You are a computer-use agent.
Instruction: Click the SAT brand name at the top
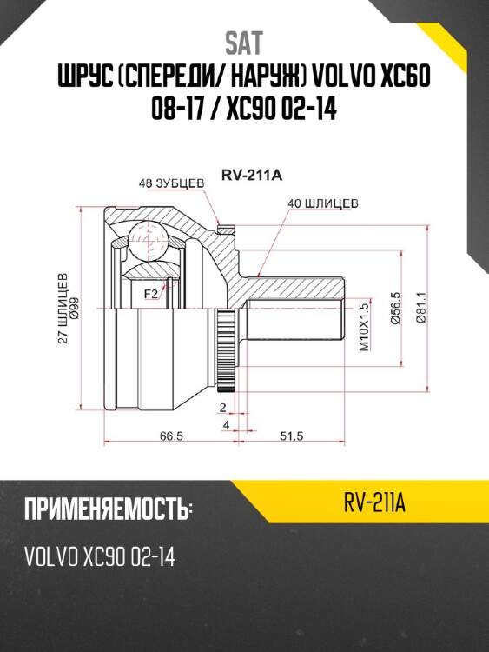(244, 41)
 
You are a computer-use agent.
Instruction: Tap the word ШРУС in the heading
(82, 79)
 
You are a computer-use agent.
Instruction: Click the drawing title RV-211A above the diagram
(252, 174)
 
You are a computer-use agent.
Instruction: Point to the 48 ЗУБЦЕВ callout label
(171, 183)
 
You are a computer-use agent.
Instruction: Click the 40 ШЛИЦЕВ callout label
(324, 203)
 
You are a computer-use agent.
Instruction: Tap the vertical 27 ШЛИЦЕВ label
(63, 309)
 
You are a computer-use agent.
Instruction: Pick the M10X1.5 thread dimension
(366, 325)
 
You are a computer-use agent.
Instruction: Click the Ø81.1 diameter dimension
(421, 307)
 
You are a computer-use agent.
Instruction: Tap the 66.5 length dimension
(171, 436)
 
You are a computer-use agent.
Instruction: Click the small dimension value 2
(223, 407)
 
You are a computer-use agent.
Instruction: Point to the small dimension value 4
(225, 424)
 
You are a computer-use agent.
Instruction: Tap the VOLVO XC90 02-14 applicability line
(101, 556)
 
